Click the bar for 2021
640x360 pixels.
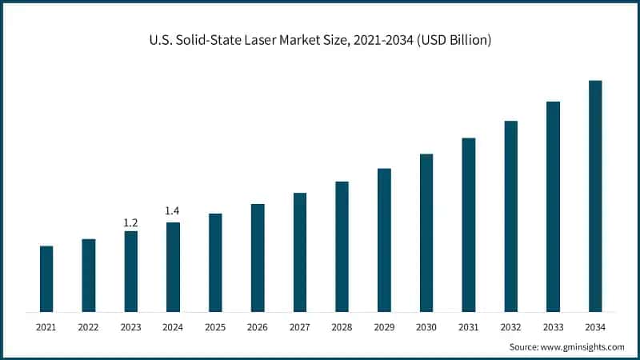tap(46, 278)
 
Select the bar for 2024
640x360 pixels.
tap(173, 266)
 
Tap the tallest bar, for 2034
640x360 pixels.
tap(595, 196)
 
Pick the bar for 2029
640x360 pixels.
tap(384, 240)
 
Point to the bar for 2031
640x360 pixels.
tap(469, 225)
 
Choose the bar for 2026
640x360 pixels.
tap(258, 258)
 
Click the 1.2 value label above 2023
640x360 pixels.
tap(130, 222)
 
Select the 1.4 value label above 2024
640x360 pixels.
tap(173, 210)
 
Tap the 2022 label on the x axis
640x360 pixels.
tap(89, 326)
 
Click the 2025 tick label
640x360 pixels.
tap(215, 326)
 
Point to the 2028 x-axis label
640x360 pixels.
tap(342, 326)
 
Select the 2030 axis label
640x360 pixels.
tap(426, 326)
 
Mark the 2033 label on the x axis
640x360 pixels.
tap(553, 326)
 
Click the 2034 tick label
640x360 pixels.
tap(595, 326)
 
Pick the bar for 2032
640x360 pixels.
tap(510, 216)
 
